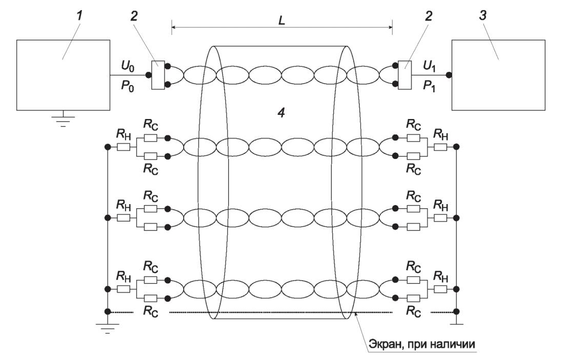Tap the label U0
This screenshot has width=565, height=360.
(x=128, y=66)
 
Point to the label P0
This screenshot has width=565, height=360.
(x=127, y=87)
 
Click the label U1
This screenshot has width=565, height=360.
(x=429, y=66)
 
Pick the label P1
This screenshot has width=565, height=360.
(x=429, y=87)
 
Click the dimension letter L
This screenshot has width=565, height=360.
(x=282, y=20)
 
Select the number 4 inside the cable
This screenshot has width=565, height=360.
(x=281, y=113)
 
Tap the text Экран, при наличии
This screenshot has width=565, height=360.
(x=421, y=344)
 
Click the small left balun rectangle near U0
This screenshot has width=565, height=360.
(x=158, y=75)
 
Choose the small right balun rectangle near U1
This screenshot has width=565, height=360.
(x=405, y=75)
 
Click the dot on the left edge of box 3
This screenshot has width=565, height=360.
(x=449, y=75)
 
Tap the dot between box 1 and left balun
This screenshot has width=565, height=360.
(x=148, y=75)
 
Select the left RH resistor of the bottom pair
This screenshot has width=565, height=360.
(x=124, y=289)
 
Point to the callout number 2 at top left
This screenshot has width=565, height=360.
(x=134, y=16)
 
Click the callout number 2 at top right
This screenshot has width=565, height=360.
(x=429, y=16)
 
